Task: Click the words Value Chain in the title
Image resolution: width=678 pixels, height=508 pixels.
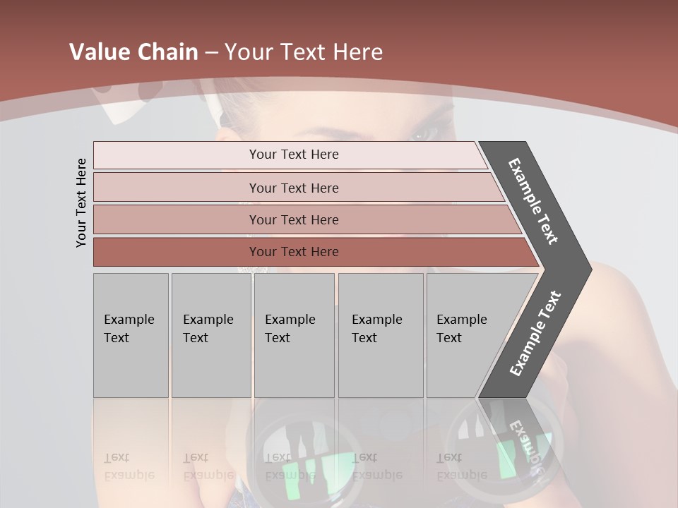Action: (x=133, y=52)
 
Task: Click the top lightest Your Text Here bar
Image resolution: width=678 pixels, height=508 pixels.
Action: (x=293, y=155)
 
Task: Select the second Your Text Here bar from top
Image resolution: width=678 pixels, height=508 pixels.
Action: (x=293, y=188)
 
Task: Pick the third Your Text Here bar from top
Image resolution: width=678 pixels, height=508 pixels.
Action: (x=293, y=219)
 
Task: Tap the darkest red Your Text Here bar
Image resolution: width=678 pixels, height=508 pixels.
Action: (x=293, y=252)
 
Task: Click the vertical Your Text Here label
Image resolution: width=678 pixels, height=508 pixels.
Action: (x=81, y=202)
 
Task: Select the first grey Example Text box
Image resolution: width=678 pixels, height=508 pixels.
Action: (x=131, y=335)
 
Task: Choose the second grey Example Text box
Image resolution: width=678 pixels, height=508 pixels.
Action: (x=210, y=335)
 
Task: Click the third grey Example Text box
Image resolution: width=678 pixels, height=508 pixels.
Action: (x=294, y=335)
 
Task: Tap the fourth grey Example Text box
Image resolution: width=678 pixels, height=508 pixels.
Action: (x=380, y=335)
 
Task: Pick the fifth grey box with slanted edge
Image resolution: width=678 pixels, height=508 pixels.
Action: (x=466, y=335)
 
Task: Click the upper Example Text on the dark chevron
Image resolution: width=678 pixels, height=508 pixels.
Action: (x=534, y=200)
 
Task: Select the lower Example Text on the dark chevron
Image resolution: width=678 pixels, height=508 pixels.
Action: (x=535, y=334)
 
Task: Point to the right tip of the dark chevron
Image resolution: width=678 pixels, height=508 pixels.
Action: (x=589, y=269)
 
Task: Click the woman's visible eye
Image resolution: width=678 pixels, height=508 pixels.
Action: (x=423, y=133)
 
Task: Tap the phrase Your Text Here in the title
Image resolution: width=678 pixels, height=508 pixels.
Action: (x=304, y=52)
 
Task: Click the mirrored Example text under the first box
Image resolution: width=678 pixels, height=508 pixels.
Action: (x=129, y=467)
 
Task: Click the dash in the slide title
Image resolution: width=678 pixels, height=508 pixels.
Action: (x=211, y=52)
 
